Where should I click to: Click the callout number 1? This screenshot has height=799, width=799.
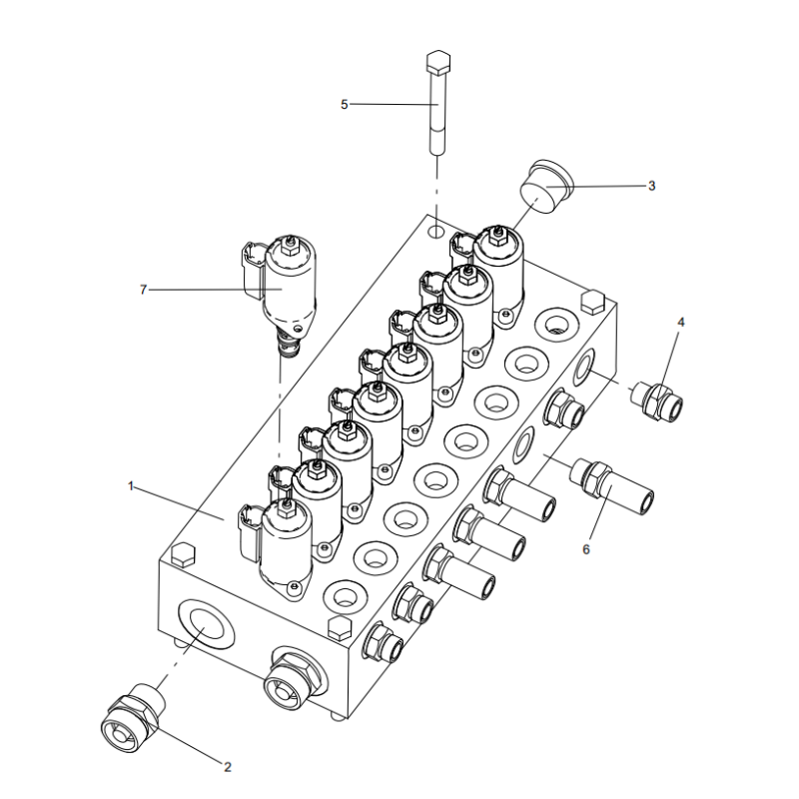click(x=131, y=486)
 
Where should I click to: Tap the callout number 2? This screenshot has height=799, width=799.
click(x=227, y=767)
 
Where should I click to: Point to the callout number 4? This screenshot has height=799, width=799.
click(x=681, y=323)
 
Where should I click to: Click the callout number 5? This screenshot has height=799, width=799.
click(x=345, y=104)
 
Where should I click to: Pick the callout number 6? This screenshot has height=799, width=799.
click(x=587, y=548)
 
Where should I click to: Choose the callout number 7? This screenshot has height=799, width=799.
click(x=144, y=290)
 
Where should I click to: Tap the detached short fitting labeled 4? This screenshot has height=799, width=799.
click(x=660, y=399)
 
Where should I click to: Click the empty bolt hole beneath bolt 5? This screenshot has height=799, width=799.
click(x=436, y=232)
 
